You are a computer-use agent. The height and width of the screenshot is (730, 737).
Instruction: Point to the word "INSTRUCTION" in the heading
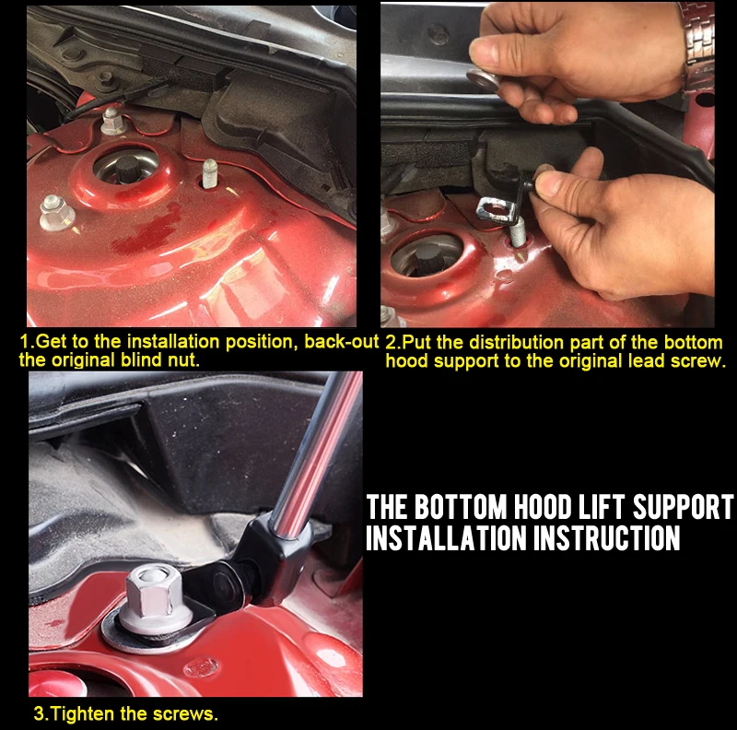pos(607,538)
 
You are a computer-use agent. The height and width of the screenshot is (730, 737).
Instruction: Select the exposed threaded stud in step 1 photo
pos(210,172)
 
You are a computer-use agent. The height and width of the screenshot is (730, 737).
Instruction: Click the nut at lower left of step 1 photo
pos(56,213)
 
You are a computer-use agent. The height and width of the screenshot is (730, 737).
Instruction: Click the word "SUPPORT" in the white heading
pos(684,507)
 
